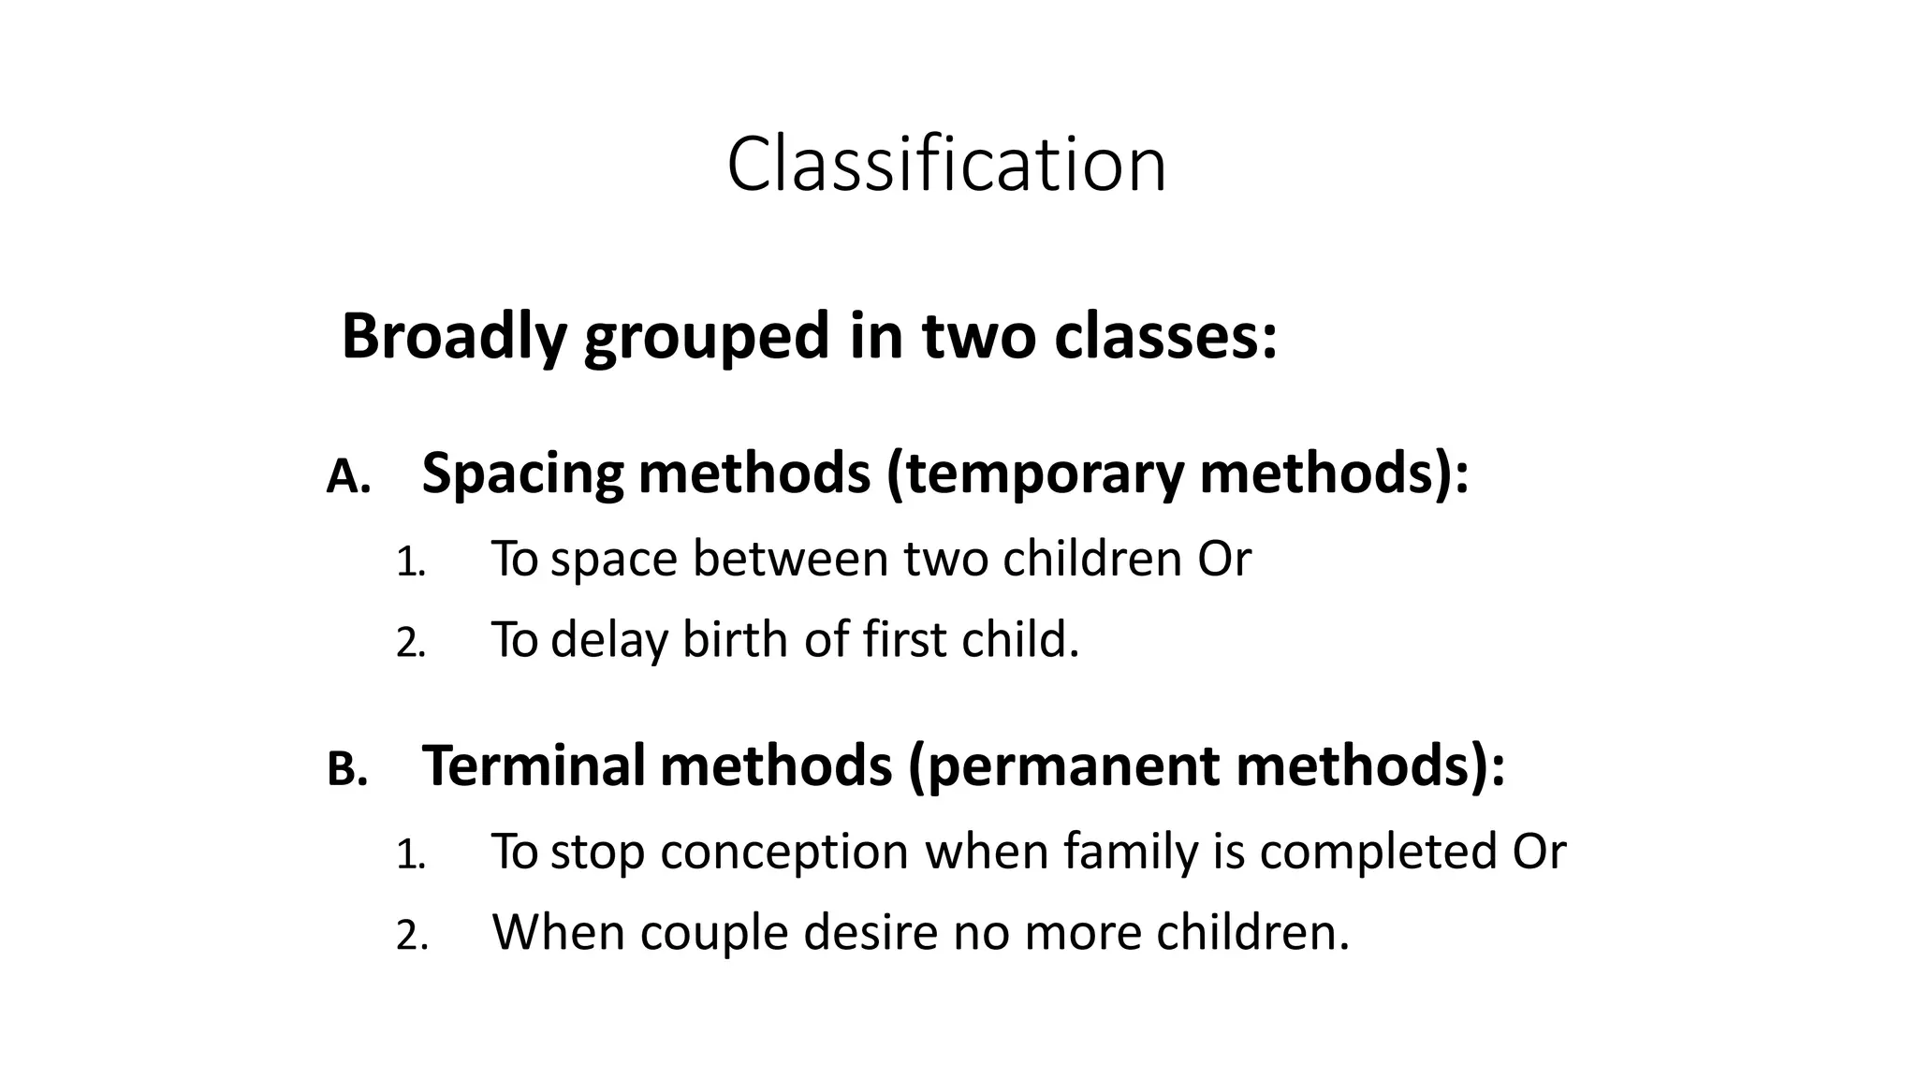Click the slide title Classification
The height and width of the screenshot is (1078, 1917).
[x=946, y=165]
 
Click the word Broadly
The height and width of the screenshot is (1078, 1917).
[x=454, y=336]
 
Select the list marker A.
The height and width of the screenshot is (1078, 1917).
[x=348, y=477]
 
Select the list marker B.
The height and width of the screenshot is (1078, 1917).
[x=347, y=770]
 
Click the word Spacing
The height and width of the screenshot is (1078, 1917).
[x=522, y=473]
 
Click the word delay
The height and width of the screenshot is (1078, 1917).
[x=609, y=640]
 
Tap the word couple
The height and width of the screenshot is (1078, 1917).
[x=713, y=933]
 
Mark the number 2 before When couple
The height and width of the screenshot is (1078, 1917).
[x=411, y=936]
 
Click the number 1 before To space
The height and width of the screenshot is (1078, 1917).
[x=410, y=562]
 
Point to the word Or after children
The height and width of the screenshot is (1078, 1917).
[x=1223, y=559]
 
